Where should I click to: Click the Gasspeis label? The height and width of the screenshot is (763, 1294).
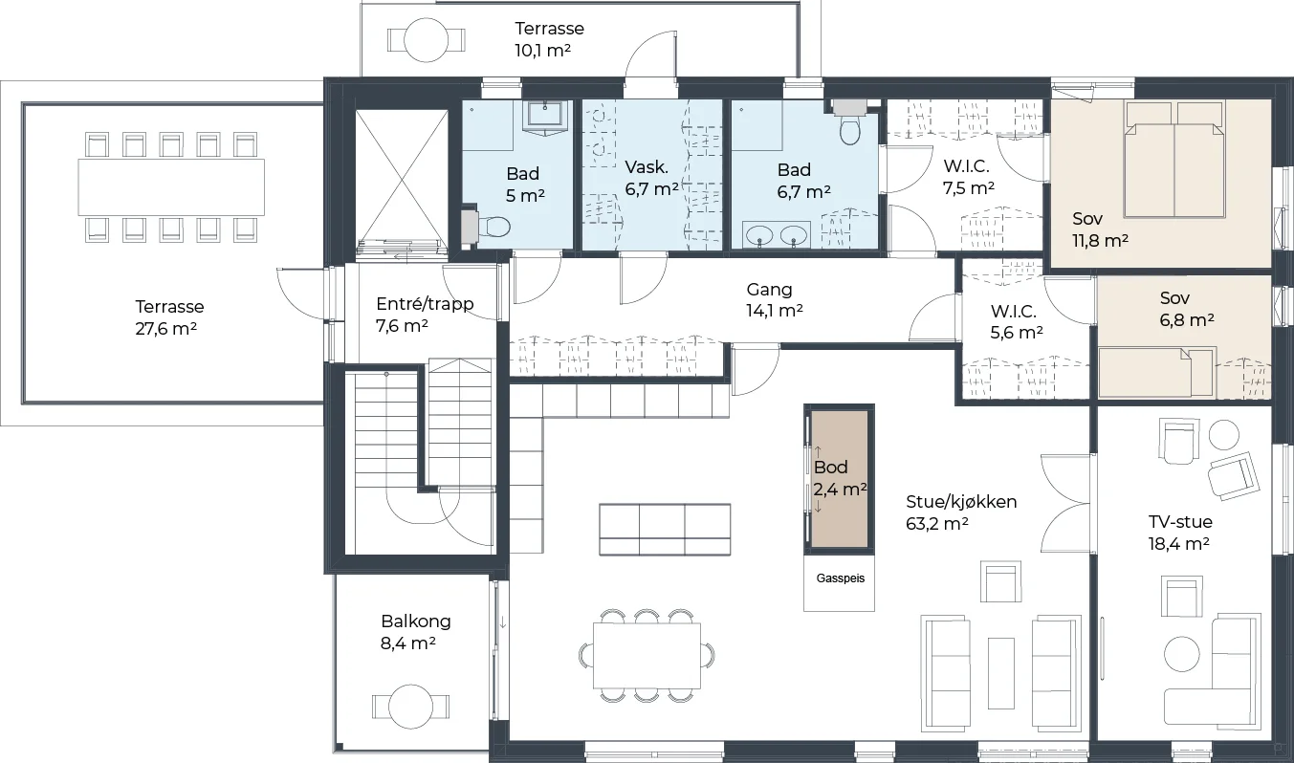[840, 578]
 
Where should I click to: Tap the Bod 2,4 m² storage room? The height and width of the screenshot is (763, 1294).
[840, 478]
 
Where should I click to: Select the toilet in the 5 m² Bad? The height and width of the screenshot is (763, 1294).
[490, 227]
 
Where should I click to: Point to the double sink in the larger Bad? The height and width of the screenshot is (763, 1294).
[777, 234]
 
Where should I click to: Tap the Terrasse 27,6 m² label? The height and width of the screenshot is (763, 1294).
[168, 317]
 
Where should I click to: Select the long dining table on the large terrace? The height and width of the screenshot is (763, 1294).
[171, 186]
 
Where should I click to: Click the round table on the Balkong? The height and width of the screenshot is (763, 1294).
[410, 707]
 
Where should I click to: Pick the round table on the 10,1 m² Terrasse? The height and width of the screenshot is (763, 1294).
[427, 40]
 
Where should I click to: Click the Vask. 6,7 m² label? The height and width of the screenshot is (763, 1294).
[651, 178]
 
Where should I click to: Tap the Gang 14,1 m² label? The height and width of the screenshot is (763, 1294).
[774, 300]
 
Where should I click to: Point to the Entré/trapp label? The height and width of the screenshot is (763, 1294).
[425, 304]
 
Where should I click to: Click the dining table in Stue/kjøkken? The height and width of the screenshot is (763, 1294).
[647, 656]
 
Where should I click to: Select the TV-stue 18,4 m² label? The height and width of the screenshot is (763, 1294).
[1179, 533]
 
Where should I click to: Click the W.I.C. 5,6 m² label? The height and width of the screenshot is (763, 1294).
[1016, 321]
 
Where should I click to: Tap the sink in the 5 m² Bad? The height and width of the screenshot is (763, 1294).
[544, 118]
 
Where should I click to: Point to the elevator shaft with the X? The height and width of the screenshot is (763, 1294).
[402, 181]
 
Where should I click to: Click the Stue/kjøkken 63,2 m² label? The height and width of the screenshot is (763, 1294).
[961, 512]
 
